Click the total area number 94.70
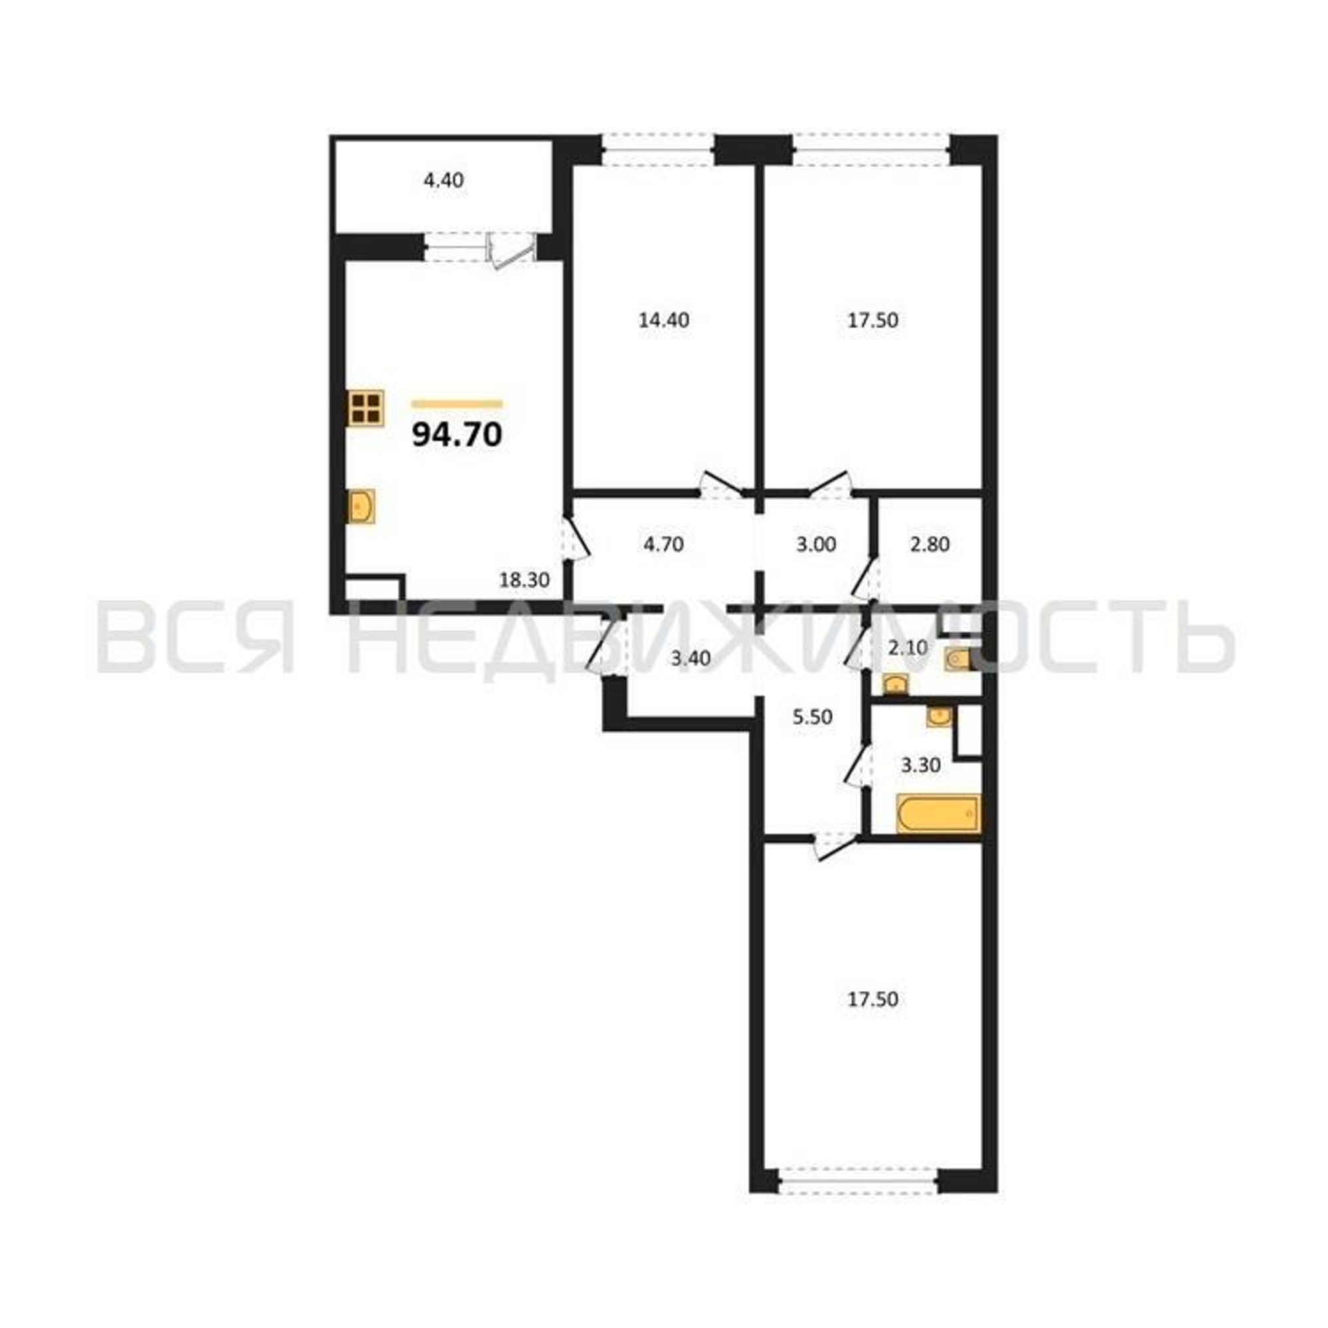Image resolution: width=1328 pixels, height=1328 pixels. coord(457,435)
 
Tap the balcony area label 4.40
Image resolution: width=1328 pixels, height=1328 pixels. coord(444,181)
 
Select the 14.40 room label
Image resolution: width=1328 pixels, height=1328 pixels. coord(663,320)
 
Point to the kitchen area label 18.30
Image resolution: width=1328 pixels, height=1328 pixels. coord(525,580)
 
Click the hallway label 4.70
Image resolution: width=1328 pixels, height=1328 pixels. coord(663,545)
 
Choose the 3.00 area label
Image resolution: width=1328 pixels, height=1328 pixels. coord(816,545)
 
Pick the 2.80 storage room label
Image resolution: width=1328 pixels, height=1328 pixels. coord(930,545)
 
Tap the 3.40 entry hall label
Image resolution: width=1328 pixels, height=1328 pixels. coord(691,659)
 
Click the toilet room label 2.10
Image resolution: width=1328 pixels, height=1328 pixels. coord(907,647)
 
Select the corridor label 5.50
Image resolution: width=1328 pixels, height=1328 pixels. coord(813,718)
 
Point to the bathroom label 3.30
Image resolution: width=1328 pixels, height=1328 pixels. coord(920,765)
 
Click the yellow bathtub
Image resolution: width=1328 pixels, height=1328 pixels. coord(938,814)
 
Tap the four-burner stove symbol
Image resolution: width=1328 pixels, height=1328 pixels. coord(365,408)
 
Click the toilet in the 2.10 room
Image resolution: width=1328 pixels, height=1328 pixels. coord(957,660)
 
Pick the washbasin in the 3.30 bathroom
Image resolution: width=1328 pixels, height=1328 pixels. coord(939,717)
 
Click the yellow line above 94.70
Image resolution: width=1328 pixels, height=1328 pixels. coord(457,404)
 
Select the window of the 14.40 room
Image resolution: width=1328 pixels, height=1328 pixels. coord(658,150)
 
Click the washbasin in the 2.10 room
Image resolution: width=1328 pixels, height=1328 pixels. coord(894,684)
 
